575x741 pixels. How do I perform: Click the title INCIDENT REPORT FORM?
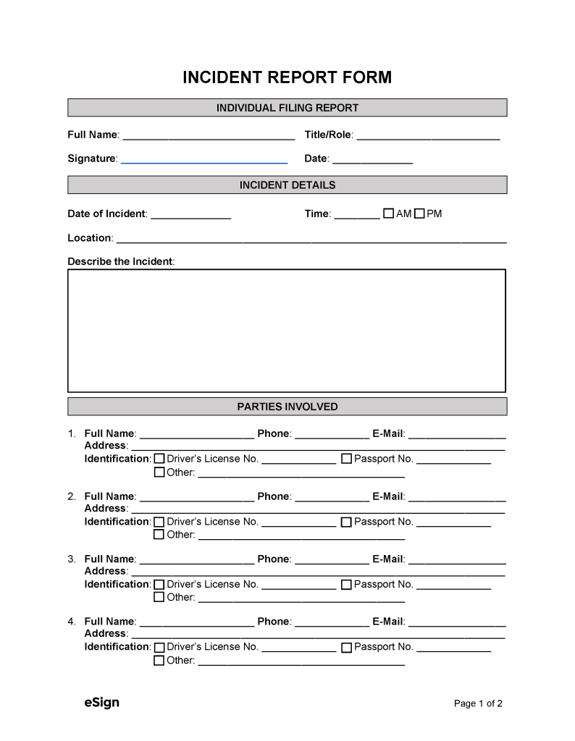tap(287, 77)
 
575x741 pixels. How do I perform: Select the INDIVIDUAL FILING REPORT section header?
tap(287, 108)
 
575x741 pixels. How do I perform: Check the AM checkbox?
tap(388, 213)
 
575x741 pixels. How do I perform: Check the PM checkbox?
tap(419, 213)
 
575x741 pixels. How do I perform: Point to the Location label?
tap(89, 238)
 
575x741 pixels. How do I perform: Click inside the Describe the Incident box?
tap(287, 331)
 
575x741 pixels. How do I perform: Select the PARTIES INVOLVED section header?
tap(287, 407)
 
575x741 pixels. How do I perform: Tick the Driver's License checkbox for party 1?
tap(159, 459)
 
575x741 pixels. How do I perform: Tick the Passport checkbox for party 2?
tap(346, 522)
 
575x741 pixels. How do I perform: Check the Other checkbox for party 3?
tap(159, 598)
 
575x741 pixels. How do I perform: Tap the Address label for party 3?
tap(106, 571)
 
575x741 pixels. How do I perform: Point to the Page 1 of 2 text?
tap(478, 703)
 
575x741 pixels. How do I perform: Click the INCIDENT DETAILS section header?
tap(287, 185)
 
